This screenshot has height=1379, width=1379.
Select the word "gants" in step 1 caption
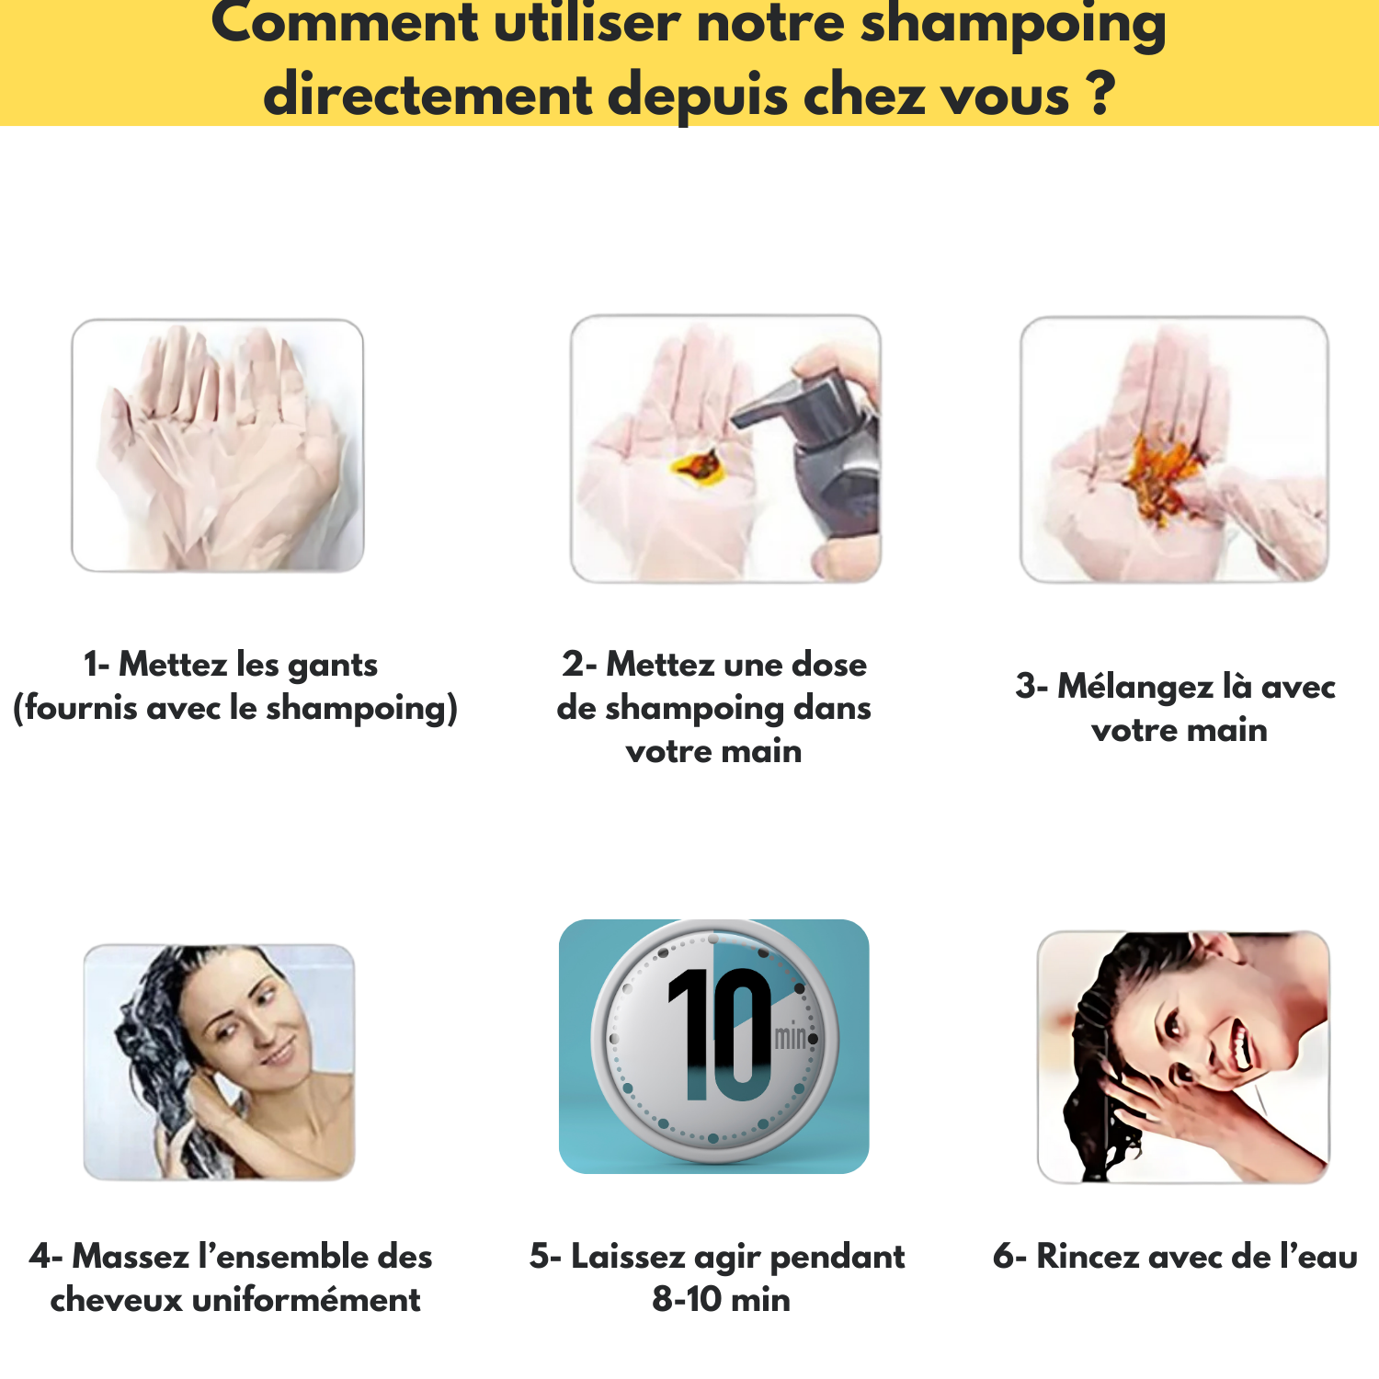point(333,666)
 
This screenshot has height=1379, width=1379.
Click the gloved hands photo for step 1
point(218,446)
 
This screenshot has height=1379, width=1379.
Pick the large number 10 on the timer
point(721,1035)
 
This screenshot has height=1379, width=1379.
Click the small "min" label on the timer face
point(790,1038)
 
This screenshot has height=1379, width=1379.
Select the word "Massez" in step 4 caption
point(131,1256)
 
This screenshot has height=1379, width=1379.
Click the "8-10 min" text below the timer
point(722,1299)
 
